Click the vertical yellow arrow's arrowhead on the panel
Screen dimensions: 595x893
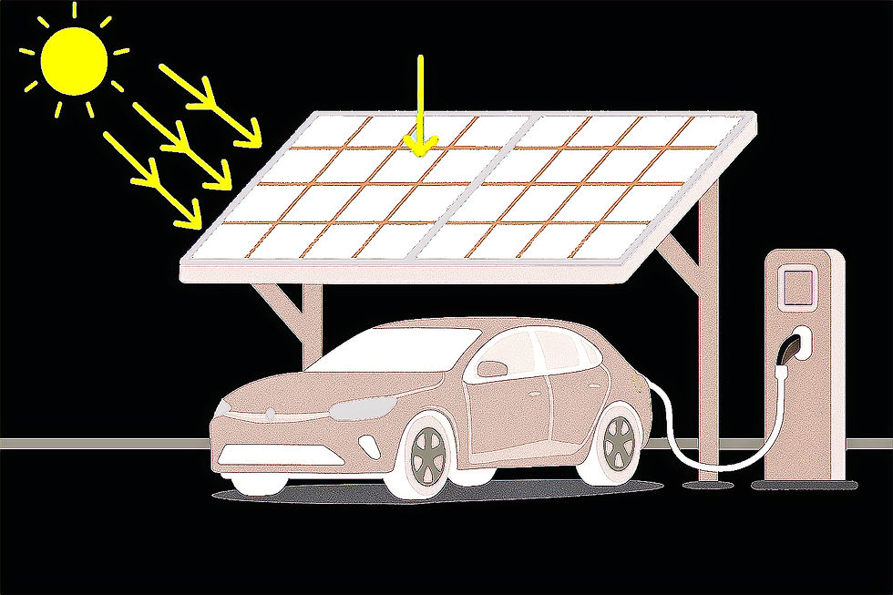click(420, 144)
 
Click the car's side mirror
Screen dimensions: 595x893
click(493, 368)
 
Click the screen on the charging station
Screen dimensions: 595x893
click(798, 284)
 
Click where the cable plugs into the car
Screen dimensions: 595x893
click(649, 391)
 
